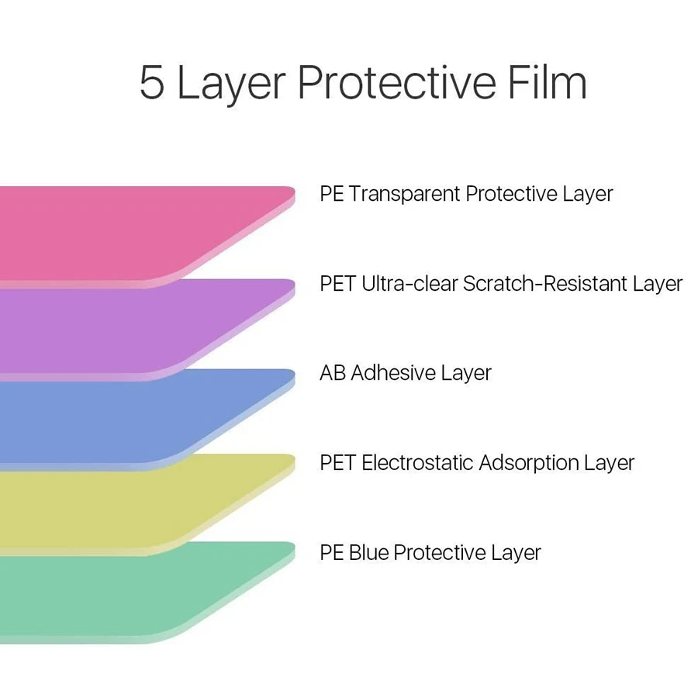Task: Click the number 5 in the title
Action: [x=152, y=82]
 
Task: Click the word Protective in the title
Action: [x=396, y=81]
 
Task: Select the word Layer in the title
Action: [x=231, y=85]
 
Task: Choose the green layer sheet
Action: [x=133, y=592]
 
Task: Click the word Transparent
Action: [x=405, y=194]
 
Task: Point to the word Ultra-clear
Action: [x=409, y=284]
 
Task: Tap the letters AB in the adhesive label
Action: [x=333, y=373]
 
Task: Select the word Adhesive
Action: [x=393, y=372]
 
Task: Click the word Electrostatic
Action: [x=417, y=462]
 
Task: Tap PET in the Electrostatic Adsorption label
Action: [x=337, y=463]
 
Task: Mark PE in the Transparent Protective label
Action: [x=332, y=194]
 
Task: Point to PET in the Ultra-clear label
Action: [x=337, y=284]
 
